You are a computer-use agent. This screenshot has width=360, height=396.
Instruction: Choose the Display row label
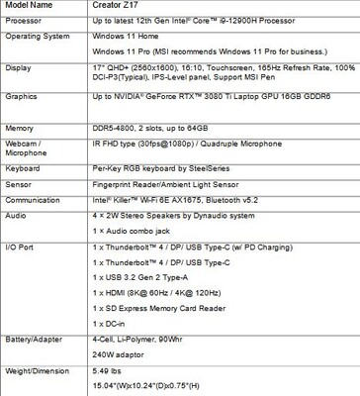point(20,70)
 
